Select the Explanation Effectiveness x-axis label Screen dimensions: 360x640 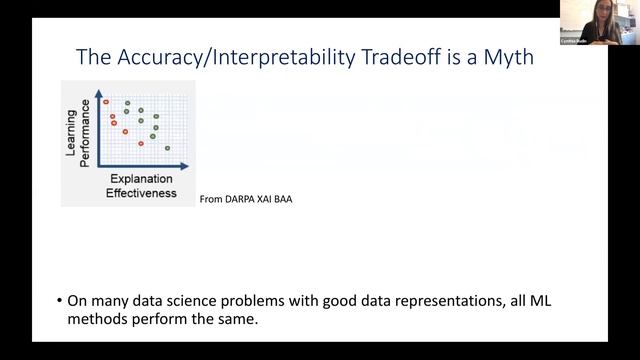coord(142,186)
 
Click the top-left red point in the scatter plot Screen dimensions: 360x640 coord(105,102)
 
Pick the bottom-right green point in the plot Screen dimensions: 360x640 coord(167,148)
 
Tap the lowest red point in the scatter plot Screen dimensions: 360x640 coord(141,143)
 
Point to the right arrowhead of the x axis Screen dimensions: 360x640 coord(187,167)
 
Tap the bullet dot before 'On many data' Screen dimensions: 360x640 coord(58,300)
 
